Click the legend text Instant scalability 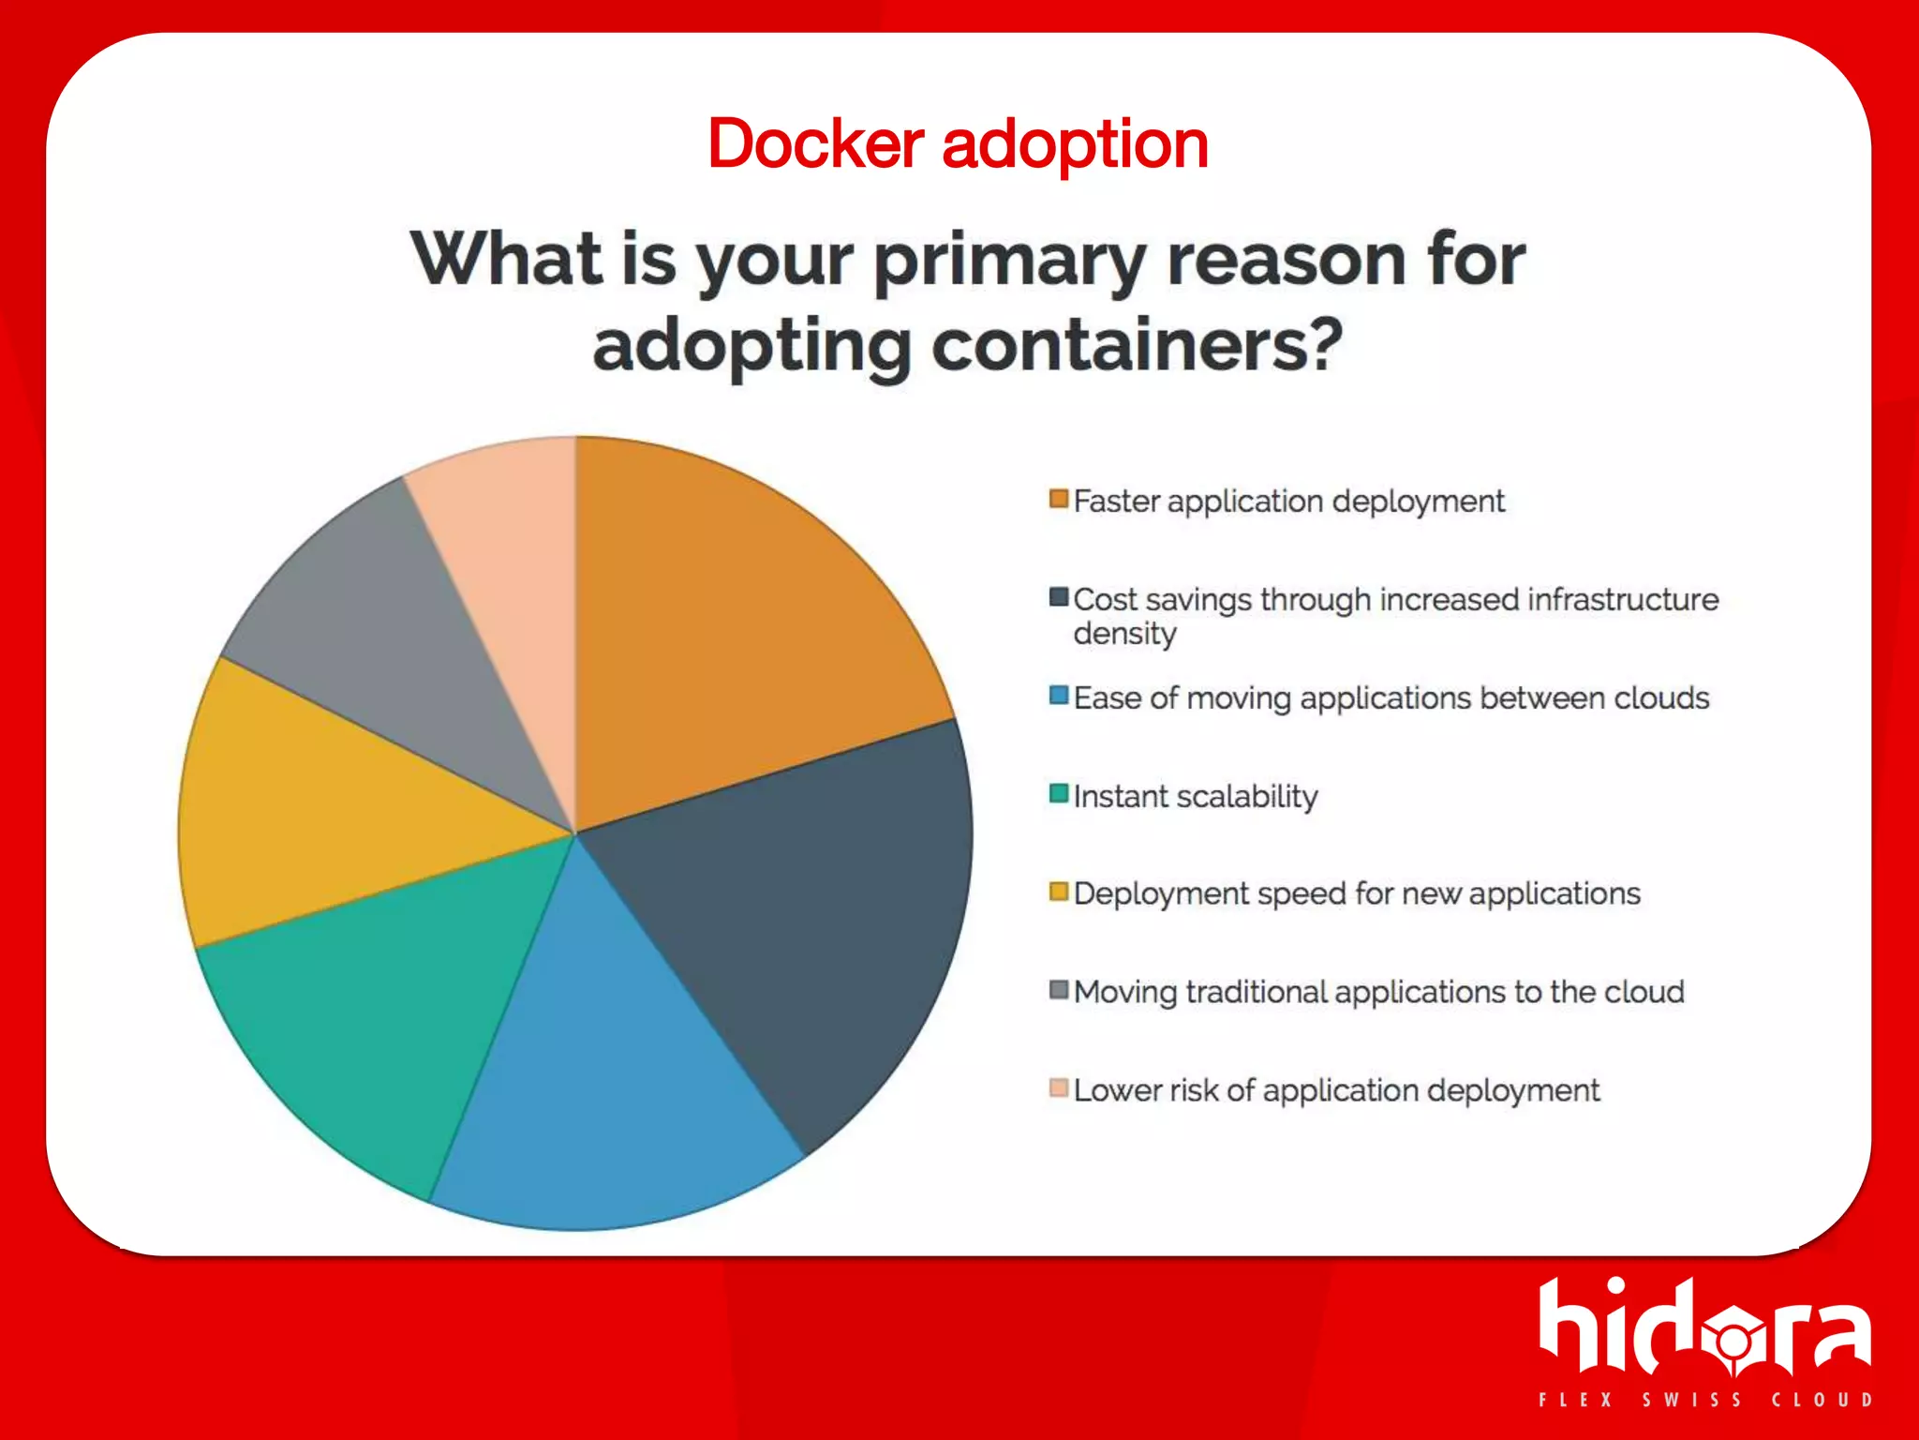tap(1195, 797)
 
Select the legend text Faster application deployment tap(1288, 502)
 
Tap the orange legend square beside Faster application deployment tap(1059, 499)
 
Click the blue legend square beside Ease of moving tap(1059, 696)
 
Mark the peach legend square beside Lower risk tap(1059, 1088)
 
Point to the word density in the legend tap(1124, 635)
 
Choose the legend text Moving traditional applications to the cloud tap(1377, 992)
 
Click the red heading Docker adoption tap(958, 144)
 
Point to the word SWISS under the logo tap(1691, 1400)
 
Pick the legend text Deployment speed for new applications tap(1356, 893)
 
